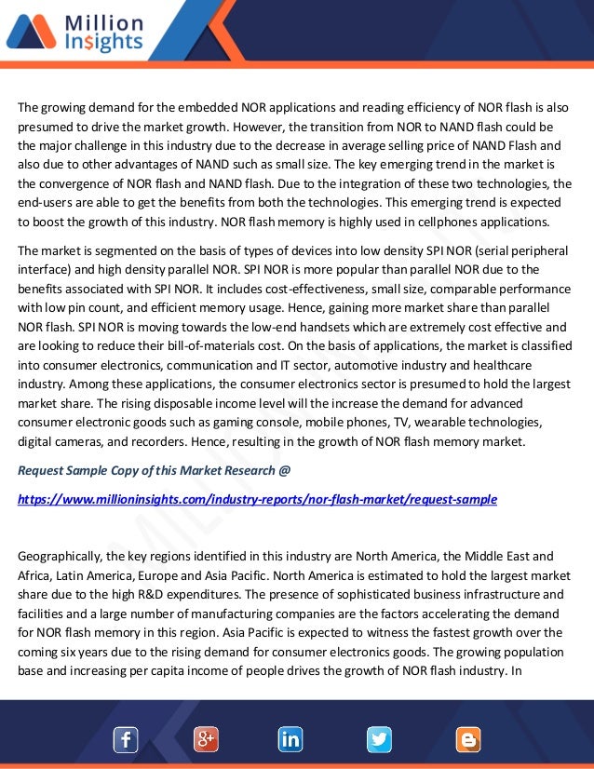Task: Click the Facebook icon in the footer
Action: (x=126, y=740)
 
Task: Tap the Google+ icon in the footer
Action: (x=206, y=740)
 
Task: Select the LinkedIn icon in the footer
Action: (x=290, y=740)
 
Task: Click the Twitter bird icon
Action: (x=379, y=740)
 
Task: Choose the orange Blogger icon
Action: (x=467, y=740)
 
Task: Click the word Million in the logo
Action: (x=104, y=22)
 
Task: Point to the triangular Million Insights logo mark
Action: (x=31, y=32)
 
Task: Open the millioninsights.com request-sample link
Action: (x=257, y=499)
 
